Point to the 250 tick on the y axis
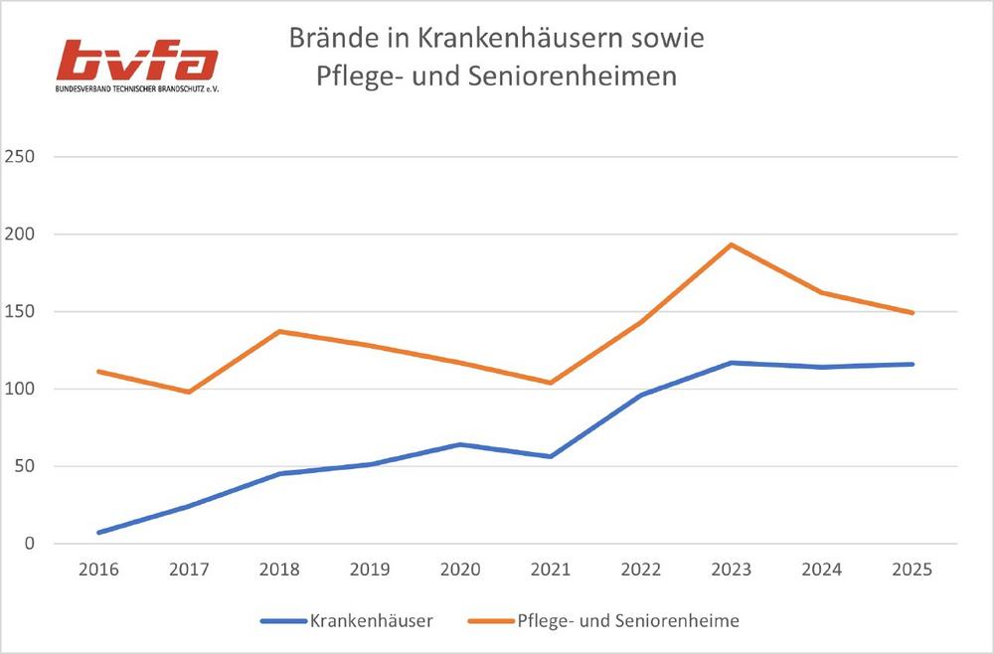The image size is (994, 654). pyautogui.click(x=21, y=157)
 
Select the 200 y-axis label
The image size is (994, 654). pyautogui.click(x=21, y=235)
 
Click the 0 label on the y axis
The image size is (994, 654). pyautogui.click(x=29, y=544)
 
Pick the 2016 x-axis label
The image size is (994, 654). pyautogui.click(x=98, y=570)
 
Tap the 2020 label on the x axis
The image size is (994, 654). pyautogui.click(x=460, y=570)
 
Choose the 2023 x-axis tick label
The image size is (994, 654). pyautogui.click(x=732, y=570)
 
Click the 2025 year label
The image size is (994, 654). pyautogui.click(x=912, y=570)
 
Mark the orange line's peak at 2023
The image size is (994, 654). pyautogui.click(x=732, y=245)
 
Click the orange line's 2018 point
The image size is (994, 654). pyautogui.click(x=279, y=331)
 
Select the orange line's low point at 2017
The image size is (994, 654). pyautogui.click(x=189, y=392)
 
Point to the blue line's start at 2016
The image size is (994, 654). pyautogui.click(x=98, y=533)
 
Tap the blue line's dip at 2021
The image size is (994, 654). pyautogui.click(x=551, y=456)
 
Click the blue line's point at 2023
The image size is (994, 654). pyautogui.click(x=732, y=363)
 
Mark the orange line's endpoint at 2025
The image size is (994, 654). pyautogui.click(x=912, y=313)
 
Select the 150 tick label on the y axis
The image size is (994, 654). pyautogui.click(x=21, y=312)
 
